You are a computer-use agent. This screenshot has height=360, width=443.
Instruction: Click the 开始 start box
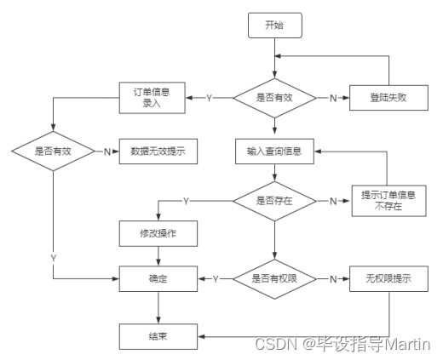[x=273, y=26]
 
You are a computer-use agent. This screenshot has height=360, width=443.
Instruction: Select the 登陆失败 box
[x=388, y=98]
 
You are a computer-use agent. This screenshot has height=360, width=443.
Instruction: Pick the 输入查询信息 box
[x=273, y=151]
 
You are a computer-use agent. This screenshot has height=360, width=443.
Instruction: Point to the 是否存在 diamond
[x=273, y=201]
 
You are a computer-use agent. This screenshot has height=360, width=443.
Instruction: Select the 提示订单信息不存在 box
[x=388, y=200]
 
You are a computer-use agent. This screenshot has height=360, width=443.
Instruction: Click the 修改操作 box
[x=157, y=231]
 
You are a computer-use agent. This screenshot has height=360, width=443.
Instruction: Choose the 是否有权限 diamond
[x=273, y=278]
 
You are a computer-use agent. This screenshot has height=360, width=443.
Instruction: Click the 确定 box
[x=157, y=278]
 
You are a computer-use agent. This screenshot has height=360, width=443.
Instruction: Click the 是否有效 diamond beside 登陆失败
[x=273, y=98]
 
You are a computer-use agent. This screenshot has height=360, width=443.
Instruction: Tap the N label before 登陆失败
[x=333, y=98]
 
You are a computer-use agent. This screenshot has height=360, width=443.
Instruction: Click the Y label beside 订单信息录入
[x=209, y=98]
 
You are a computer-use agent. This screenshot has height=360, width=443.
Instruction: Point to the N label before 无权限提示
[x=333, y=278]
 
